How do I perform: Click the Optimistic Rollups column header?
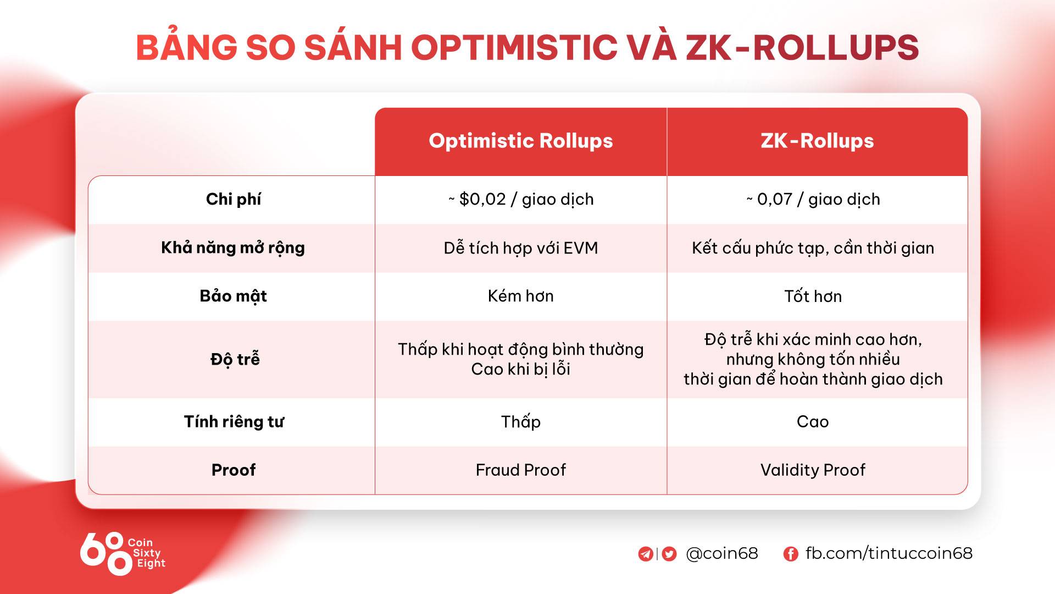(520, 141)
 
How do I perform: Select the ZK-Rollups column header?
(817, 141)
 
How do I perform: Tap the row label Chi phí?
(233, 199)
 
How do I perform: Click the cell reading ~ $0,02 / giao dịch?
(521, 199)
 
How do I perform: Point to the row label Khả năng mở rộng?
(233, 248)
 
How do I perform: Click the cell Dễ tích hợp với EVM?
(521, 248)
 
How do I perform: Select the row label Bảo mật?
(233, 296)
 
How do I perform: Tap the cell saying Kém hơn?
(521, 296)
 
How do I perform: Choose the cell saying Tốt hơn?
(813, 296)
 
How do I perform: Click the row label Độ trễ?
(235, 359)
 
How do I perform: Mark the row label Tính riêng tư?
(234, 422)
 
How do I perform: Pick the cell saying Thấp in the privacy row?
(521, 422)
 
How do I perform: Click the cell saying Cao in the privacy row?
(813, 422)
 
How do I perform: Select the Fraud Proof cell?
(521, 470)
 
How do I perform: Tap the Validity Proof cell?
(813, 470)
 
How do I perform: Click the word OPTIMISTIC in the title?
(514, 47)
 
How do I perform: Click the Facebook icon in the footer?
(791, 554)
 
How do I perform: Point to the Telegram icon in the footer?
(646, 554)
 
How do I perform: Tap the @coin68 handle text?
(722, 553)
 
